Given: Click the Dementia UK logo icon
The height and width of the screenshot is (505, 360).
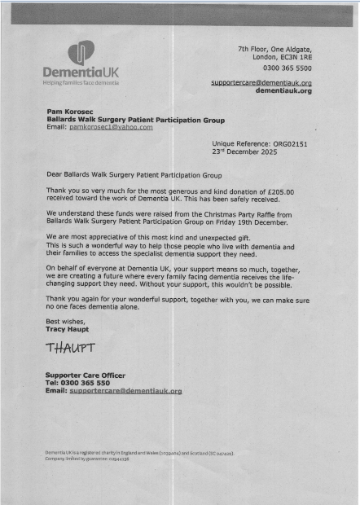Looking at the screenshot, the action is (81, 53).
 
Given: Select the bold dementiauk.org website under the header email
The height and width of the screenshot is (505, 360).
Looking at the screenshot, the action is (283, 91).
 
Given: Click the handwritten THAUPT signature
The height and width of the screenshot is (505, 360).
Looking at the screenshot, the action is (72, 348).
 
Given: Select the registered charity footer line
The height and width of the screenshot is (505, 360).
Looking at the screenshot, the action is (138, 452).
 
